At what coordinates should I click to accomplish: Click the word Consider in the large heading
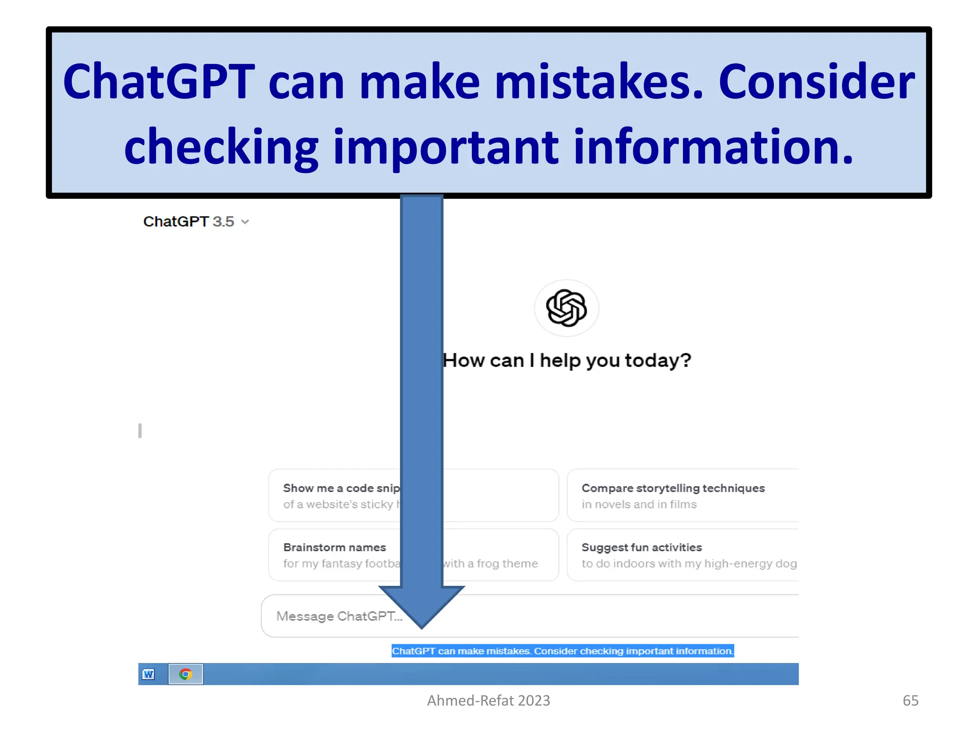tap(816, 82)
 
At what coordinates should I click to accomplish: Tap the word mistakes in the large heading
tap(599, 82)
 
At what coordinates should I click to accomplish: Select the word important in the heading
tap(446, 147)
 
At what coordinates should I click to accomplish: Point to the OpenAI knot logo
tap(566, 308)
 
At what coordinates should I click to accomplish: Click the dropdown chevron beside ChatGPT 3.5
tap(245, 222)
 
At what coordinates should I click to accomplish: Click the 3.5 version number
tap(223, 222)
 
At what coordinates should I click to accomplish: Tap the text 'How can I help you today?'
tap(567, 360)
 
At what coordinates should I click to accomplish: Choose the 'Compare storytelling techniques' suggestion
tap(673, 488)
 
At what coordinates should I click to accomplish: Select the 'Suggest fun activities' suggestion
tap(641, 548)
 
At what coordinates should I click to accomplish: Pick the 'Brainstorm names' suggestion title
tap(334, 548)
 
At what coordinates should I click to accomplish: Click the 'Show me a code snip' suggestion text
tap(341, 488)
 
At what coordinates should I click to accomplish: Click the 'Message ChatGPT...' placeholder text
tap(339, 616)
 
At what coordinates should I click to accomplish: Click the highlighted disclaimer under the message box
tap(563, 651)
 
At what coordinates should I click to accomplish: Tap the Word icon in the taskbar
tap(149, 674)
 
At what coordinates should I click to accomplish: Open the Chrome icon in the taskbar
tap(186, 674)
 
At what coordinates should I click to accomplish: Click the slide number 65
tap(910, 701)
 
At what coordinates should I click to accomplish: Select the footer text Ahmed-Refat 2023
tap(489, 701)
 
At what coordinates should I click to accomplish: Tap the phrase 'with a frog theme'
tap(490, 564)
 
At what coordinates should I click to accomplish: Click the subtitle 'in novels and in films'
tap(639, 505)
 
